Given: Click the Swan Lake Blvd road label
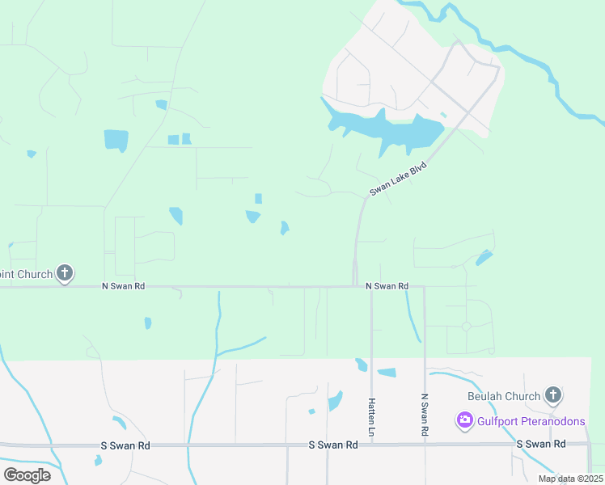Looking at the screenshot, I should point(398,178).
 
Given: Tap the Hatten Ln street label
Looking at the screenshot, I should point(371,418).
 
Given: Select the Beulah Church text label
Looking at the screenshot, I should point(504,396).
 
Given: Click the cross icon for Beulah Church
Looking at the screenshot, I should point(552,395).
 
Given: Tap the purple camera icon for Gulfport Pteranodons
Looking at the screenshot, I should point(464,420).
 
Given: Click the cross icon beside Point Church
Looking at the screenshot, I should point(65,273).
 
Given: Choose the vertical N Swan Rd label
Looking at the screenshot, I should point(424,415).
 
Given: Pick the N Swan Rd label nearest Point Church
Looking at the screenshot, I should point(123,286).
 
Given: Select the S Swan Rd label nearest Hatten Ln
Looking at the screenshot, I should point(333,445).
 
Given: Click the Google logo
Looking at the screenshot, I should point(27,474).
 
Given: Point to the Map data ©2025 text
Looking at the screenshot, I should point(569,479).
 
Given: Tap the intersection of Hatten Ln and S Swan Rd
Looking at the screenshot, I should point(371,445).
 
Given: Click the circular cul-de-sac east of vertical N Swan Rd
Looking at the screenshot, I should point(467,327).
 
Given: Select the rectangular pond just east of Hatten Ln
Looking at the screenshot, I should point(387,373).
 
